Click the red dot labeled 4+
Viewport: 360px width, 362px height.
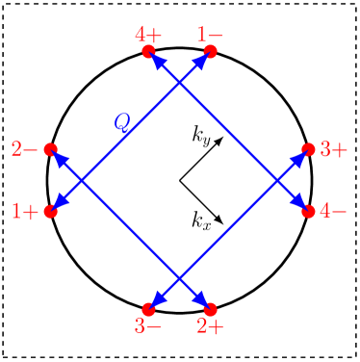click(x=148, y=52)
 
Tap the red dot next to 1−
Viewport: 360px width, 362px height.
click(x=211, y=52)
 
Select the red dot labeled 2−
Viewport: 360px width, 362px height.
click(x=51, y=149)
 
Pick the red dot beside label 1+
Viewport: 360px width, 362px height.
click(x=51, y=211)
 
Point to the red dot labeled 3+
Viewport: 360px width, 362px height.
click(x=308, y=149)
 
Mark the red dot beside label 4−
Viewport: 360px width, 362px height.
click(x=308, y=211)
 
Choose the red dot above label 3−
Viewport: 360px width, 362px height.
click(x=148, y=308)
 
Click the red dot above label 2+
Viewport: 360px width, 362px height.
click(x=211, y=308)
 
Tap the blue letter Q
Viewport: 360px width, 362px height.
click(x=121, y=121)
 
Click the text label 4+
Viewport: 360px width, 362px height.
click(x=148, y=34)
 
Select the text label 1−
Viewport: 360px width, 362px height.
click(x=211, y=34)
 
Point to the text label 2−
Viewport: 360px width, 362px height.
click(x=24, y=149)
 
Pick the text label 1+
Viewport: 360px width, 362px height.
click(x=24, y=211)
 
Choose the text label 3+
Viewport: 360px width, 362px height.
click(x=334, y=149)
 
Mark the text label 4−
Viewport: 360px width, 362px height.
click(x=334, y=211)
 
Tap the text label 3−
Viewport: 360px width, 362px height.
click(x=148, y=326)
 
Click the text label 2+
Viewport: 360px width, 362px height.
click(x=211, y=326)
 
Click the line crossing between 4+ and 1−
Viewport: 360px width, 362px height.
click(x=179, y=84)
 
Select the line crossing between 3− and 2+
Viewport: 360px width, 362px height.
click(x=179, y=277)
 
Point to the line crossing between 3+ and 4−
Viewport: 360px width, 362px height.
click(x=277, y=180)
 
